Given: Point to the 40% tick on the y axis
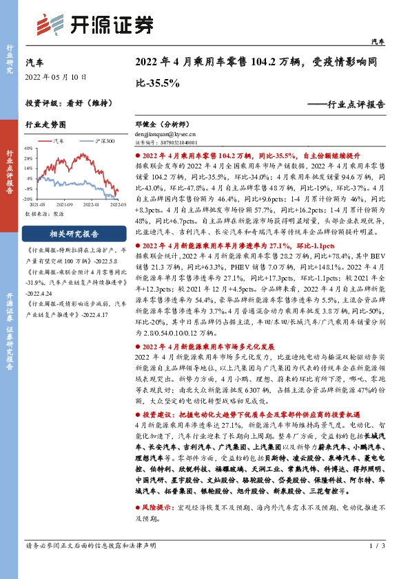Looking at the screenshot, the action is coord(29,148).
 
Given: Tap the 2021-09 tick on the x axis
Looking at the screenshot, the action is coord(65,204).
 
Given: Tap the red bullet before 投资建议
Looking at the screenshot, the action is coord(136,416).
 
